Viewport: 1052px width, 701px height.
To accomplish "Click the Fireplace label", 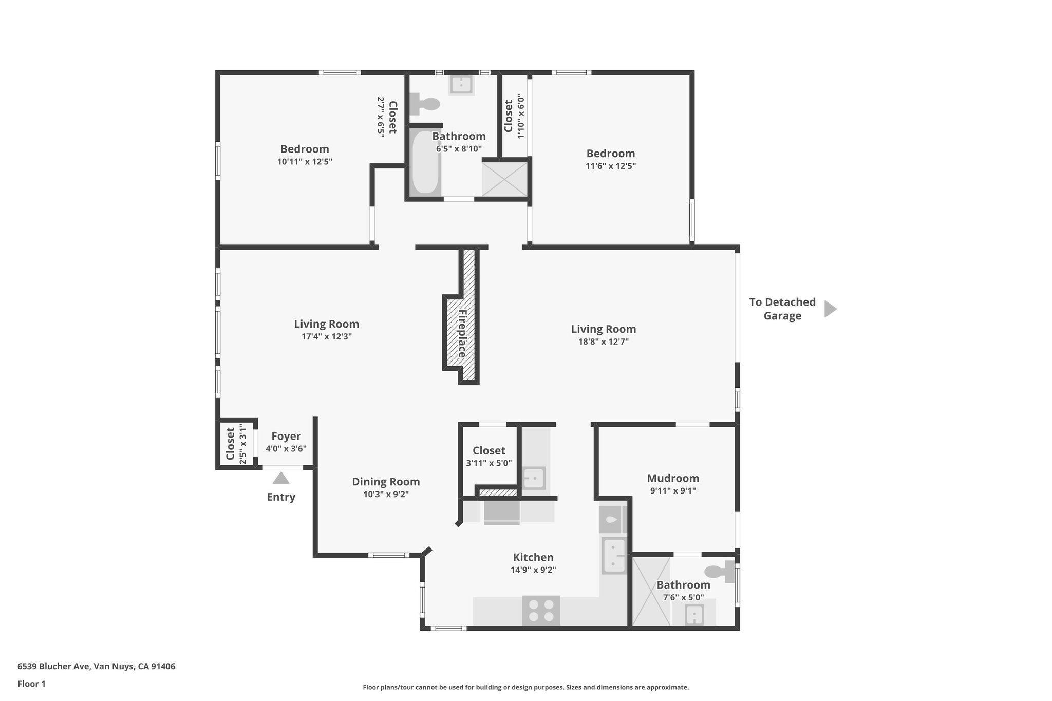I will (462, 333).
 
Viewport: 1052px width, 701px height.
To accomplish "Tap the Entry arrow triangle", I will (281, 478).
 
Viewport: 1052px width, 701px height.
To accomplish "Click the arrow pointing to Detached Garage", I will (830, 309).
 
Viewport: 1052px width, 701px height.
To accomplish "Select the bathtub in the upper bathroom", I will (426, 162).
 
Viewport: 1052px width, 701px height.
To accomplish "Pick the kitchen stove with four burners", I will (541, 610).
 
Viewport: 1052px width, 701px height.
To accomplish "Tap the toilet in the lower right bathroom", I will (720, 572).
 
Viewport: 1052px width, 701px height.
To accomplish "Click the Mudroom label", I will (673, 478).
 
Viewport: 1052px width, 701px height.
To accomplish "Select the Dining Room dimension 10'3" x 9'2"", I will (386, 495).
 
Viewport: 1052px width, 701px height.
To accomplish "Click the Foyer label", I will (286, 436).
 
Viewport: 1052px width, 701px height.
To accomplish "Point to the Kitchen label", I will (533, 557).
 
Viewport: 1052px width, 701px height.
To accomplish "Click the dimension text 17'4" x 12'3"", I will (326, 337).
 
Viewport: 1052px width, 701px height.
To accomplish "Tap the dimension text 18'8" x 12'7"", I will (603, 342).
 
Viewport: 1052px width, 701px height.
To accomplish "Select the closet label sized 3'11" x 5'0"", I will (489, 450).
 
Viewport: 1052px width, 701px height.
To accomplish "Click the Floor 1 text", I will (31, 684).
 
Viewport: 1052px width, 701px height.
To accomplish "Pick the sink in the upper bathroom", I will (461, 85).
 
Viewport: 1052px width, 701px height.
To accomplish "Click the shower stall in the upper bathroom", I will (504, 179).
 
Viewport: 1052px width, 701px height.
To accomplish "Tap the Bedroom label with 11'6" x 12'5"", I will (610, 153).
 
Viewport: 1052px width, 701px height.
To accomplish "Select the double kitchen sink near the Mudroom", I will (613, 555).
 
